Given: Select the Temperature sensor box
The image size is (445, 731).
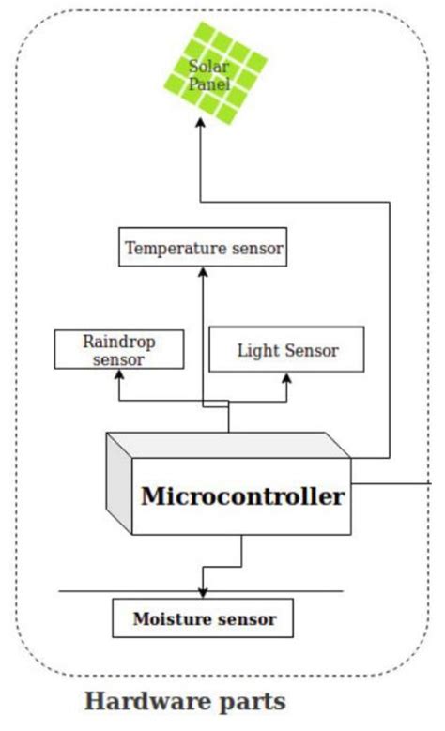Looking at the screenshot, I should click(204, 249).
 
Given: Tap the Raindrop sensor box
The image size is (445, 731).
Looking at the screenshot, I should click(118, 349).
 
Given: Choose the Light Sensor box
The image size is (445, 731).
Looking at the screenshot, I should click(286, 350).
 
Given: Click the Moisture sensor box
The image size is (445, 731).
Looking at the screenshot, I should click(204, 619).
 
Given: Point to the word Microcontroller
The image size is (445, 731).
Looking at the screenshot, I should click(242, 496).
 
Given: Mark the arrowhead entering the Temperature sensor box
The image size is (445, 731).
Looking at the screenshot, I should click(203, 272).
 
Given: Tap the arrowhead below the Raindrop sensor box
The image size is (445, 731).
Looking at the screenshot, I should click(118, 374).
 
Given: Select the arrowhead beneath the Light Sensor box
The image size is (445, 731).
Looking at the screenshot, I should click(286, 378).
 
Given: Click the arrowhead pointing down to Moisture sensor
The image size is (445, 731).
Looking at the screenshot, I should click(203, 593).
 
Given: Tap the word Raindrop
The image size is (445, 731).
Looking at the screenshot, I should click(118, 342).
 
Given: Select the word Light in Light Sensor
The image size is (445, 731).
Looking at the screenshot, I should click(255, 350).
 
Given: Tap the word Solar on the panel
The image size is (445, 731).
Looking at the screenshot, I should click(208, 66).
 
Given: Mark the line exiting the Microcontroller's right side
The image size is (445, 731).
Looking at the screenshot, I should click(390, 484).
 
